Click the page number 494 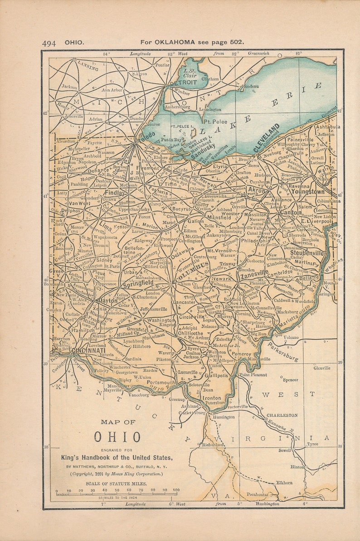coord(49,43)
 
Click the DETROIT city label coord(183,83)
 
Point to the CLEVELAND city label coord(266,137)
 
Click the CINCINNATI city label coord(88,351)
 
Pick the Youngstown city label coord(308,192)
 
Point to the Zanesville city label coord(254,273)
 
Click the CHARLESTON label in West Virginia coord(282,415)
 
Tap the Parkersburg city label coord(282,352)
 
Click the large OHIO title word coord(117,437)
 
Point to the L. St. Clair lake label coord(190,73)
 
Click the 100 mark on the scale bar coord(176,490)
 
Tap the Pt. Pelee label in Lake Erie coord(215,122)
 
